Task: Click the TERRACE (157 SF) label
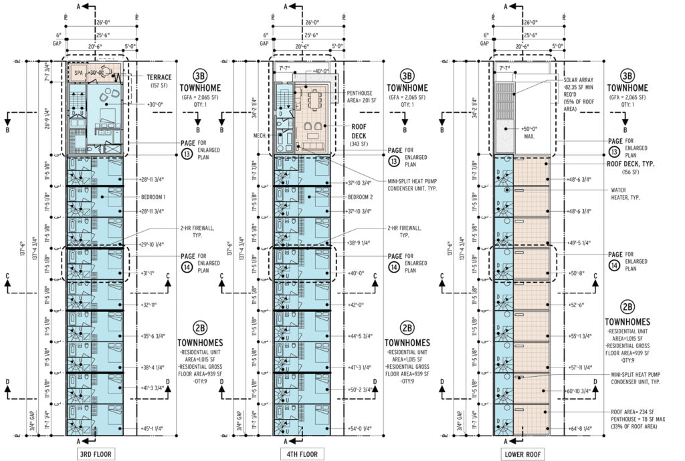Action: coord(159,81)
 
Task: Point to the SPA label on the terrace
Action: coord(78,71)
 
